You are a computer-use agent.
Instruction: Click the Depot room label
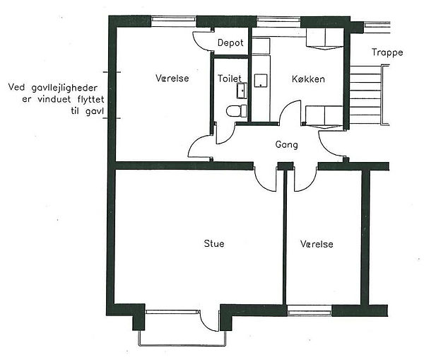[230, 42]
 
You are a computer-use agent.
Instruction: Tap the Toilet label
[230, 79]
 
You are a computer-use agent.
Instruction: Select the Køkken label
[308, 79]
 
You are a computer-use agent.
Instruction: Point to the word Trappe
[387, 52]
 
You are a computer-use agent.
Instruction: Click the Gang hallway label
[287, 144]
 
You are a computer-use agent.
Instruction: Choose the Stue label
[214, 243]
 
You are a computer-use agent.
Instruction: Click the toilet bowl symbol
[237, 111]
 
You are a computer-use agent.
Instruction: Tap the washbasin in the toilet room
[242, 91]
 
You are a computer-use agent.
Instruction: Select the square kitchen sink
[261, 81]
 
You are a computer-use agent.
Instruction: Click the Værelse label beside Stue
[317, 244]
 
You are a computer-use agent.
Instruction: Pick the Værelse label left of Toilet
[172, 79]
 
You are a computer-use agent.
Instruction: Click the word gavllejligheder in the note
[64, 88]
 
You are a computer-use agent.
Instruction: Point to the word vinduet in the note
[54, 99]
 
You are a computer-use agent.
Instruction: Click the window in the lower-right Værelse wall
[310, 310]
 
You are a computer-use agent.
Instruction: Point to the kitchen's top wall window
[278, 22]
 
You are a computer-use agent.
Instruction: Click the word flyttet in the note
[90, 100]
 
